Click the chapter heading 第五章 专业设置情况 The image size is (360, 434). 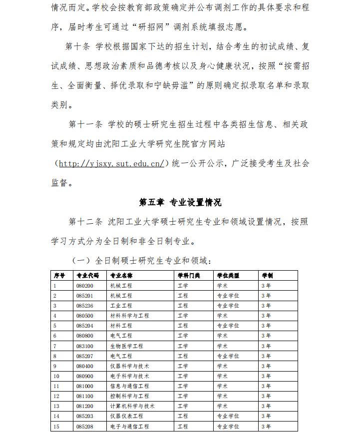coord(180,202)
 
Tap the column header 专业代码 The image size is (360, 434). coord(87,275)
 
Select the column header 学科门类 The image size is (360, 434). coord(189,275)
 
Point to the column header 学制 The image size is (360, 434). coord(268,275)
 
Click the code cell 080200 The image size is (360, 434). coord(84,285)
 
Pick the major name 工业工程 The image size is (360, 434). coord(121,305)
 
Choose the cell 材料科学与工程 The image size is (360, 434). coord(129,316)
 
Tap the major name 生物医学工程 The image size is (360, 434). coord(126,346)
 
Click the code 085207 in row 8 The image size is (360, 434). coord(84,356)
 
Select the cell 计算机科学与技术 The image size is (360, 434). coord(132,406)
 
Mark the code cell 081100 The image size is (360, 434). coord(84,396)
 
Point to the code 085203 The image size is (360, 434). coord(84,416)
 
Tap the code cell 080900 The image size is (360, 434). coord(84,376)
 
